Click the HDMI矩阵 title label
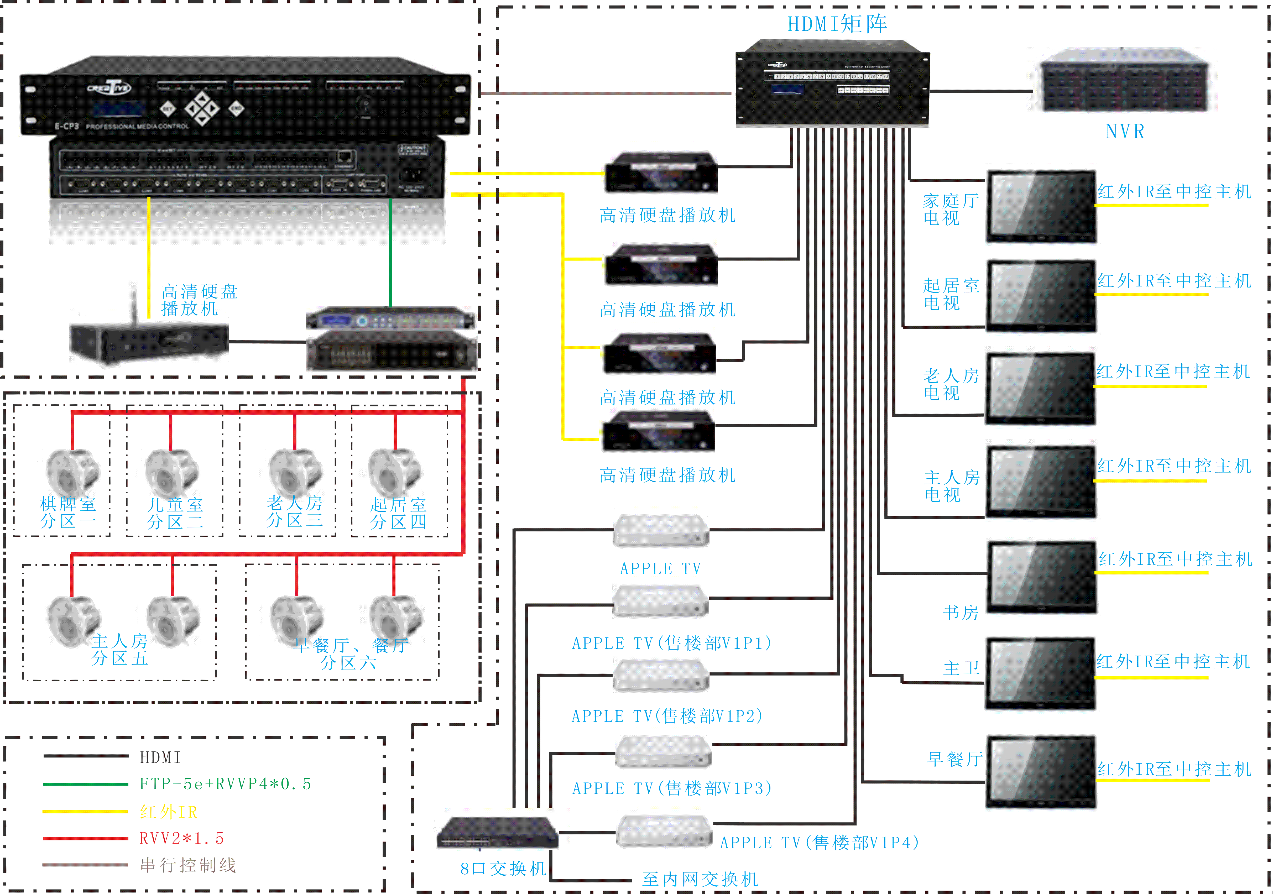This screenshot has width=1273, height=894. click(837, 24)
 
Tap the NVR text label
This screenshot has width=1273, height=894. click(1124, 131)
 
